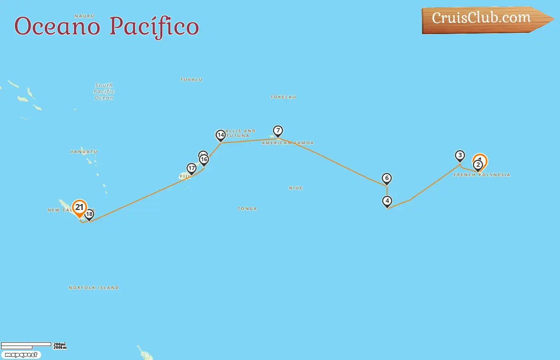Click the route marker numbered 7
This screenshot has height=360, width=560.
278,130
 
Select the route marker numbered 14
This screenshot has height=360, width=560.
220,135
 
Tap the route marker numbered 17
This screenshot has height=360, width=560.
192,168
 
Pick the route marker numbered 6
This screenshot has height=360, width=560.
386,178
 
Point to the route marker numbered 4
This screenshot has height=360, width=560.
387,201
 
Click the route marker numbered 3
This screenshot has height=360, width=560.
460,156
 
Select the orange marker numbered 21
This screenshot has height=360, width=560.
80,207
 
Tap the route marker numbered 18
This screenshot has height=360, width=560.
89,214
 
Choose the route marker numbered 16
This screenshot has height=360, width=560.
204,160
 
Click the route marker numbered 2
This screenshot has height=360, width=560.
478,165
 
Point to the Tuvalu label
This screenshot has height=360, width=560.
191,80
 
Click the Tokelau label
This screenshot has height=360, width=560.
283,97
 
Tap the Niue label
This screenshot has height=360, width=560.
296,188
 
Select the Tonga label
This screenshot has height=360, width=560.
247,209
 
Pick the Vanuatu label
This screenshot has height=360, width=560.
84,152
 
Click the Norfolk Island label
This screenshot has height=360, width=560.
94,288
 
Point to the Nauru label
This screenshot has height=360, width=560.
84,16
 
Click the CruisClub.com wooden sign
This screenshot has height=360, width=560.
482,19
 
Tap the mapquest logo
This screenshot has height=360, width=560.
21,355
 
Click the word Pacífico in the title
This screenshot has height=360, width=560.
154,26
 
